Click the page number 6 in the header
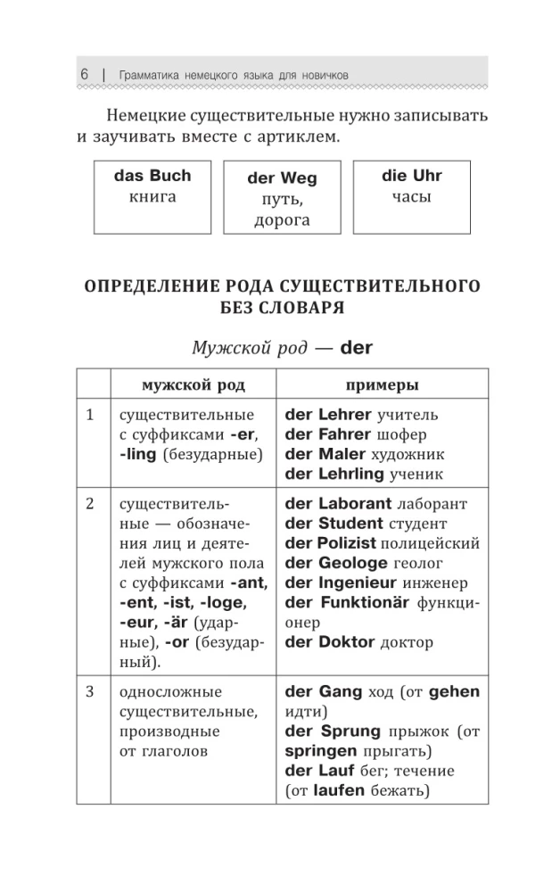click(x=83, y=75)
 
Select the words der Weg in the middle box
click(x=281, y=178)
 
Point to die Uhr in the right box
click(x=411, y=176)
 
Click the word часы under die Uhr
click(x=411, y=197)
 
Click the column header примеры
click(x=383, y=385)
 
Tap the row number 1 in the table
click(x=90, y=415)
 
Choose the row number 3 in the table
click(x=90, y=691)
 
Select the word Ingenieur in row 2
click(x=355, y=582)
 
